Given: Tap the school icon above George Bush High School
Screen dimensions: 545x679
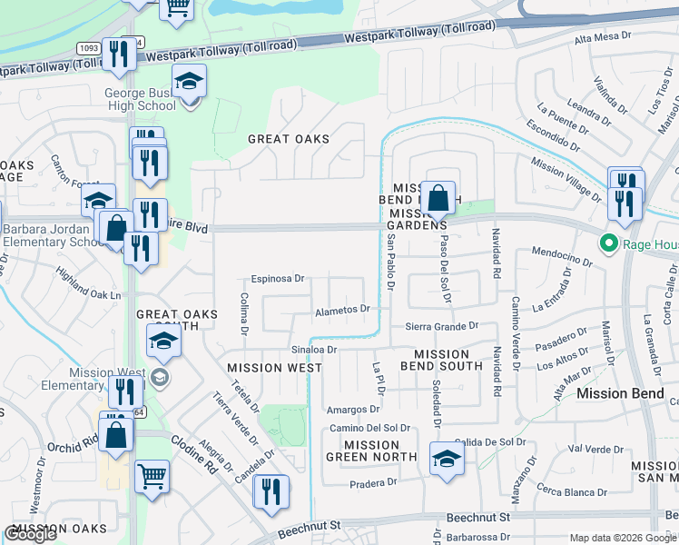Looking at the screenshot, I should pos(189,84).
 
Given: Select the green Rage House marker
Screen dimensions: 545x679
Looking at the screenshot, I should pos(607,243).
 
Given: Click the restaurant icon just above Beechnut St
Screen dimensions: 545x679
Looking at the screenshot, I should pos(271,492).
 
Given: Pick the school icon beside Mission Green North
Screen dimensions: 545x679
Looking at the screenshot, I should pos(446,460).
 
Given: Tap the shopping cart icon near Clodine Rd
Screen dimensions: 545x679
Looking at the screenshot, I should pos(153,478).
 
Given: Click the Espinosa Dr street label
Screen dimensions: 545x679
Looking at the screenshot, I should pos(277,279).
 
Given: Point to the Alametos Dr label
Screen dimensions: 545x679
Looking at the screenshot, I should pos(341,309).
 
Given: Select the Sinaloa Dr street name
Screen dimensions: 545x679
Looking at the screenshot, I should pos(314,349).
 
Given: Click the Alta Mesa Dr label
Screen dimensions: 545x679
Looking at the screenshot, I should pos(603,36).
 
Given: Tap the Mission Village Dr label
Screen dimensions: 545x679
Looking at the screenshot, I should pos(566,179).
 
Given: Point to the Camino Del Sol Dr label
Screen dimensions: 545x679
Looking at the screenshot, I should pos(369,428).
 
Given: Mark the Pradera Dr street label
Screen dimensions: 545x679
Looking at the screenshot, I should pos(374,483).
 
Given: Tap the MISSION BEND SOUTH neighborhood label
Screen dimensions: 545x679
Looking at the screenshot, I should pos(448,360).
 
